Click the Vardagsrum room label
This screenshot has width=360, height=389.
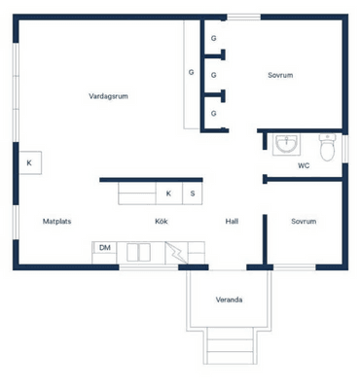pos(108,96)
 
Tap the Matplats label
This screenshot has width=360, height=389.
pos(56,222)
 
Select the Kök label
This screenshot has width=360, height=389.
pos(162,222)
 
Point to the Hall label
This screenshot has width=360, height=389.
pos(232,222)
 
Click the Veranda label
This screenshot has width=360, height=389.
pos(229,300)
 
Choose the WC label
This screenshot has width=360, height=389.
pos(304,165)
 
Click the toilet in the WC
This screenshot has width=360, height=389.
pos(327,147)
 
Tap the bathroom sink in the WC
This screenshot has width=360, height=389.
pos(286,144)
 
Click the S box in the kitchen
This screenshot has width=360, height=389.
pos(193,194)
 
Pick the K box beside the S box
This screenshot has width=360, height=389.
pos(168,194)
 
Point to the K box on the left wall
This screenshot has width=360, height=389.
pos(30,162)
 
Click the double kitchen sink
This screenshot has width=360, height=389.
pos(138,253)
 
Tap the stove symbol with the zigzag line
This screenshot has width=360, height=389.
pos(176,253)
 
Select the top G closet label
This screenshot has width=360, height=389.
pos(213,38)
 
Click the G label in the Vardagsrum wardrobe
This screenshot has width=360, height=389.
pos(192,72)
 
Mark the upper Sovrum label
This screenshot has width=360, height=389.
pos(280,75)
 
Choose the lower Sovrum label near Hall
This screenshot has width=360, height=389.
pos(304,222)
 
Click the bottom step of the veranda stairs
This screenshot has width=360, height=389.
pos(230,358)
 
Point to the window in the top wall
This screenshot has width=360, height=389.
pos(243,17)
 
